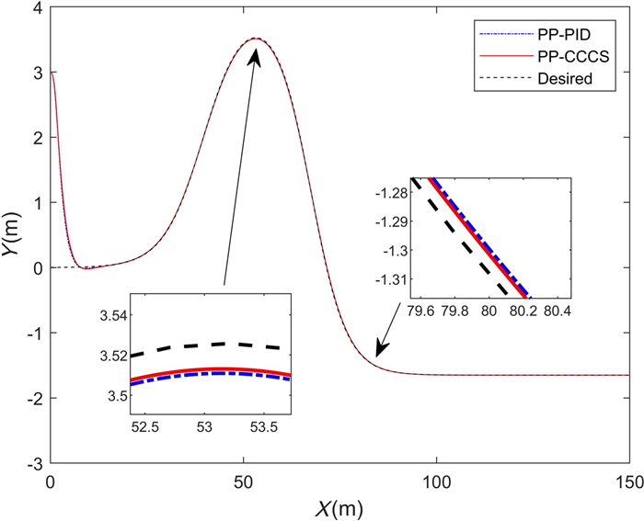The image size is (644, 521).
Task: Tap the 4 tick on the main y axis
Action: [39, 8]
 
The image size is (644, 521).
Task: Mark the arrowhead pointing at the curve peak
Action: [255, 58]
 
